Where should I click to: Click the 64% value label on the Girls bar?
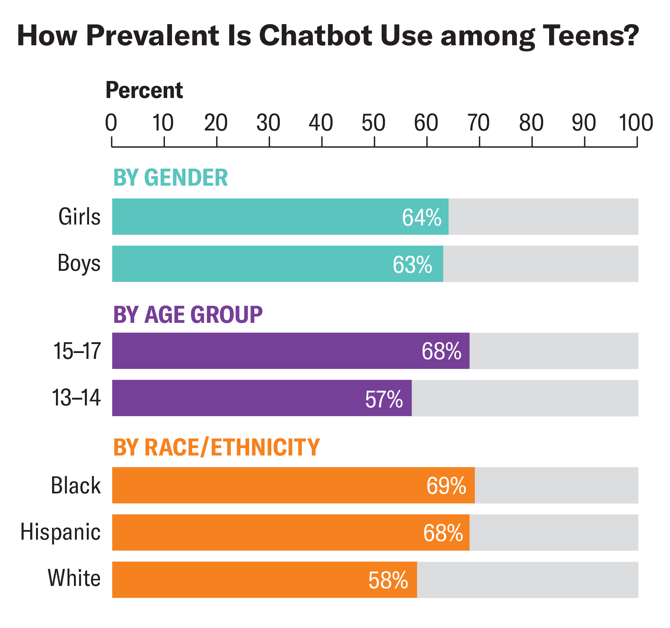(421, 217)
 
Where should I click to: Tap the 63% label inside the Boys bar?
(412, 265)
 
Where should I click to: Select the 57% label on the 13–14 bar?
(384, 399)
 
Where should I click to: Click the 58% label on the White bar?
(388, 580)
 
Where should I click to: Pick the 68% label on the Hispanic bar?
(443, 533)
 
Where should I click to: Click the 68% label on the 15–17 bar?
(441, 351)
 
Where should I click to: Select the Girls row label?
(79, 217)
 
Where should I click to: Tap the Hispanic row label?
(60, 532)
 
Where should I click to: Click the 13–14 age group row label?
(76, 398)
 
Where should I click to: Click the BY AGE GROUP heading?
(188, 314)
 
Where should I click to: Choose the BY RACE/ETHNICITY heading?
(216, 447)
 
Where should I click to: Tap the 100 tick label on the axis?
(636, 123)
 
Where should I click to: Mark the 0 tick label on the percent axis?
(111, 123)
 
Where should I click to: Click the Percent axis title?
(144, 90)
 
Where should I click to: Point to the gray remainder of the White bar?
(528, 580)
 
